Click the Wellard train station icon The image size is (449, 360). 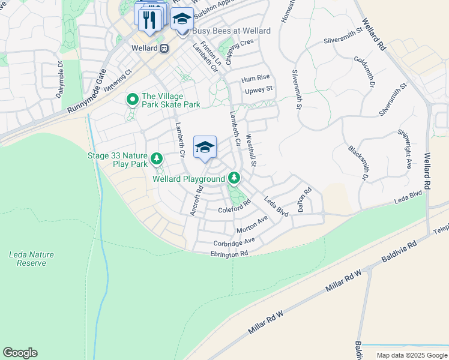point(164,48)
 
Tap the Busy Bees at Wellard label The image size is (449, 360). point(231,31)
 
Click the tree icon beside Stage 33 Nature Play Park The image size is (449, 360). point(157,159)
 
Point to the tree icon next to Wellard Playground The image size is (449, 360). point(235,178)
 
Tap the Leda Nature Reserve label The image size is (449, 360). point(31,259)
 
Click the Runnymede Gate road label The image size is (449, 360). point(86,91)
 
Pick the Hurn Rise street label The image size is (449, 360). point(256,78)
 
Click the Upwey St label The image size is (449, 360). point(259,89)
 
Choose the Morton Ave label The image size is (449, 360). point(252,226)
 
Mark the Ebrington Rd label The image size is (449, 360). point(229,254)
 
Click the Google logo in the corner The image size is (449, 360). point(20,353)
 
